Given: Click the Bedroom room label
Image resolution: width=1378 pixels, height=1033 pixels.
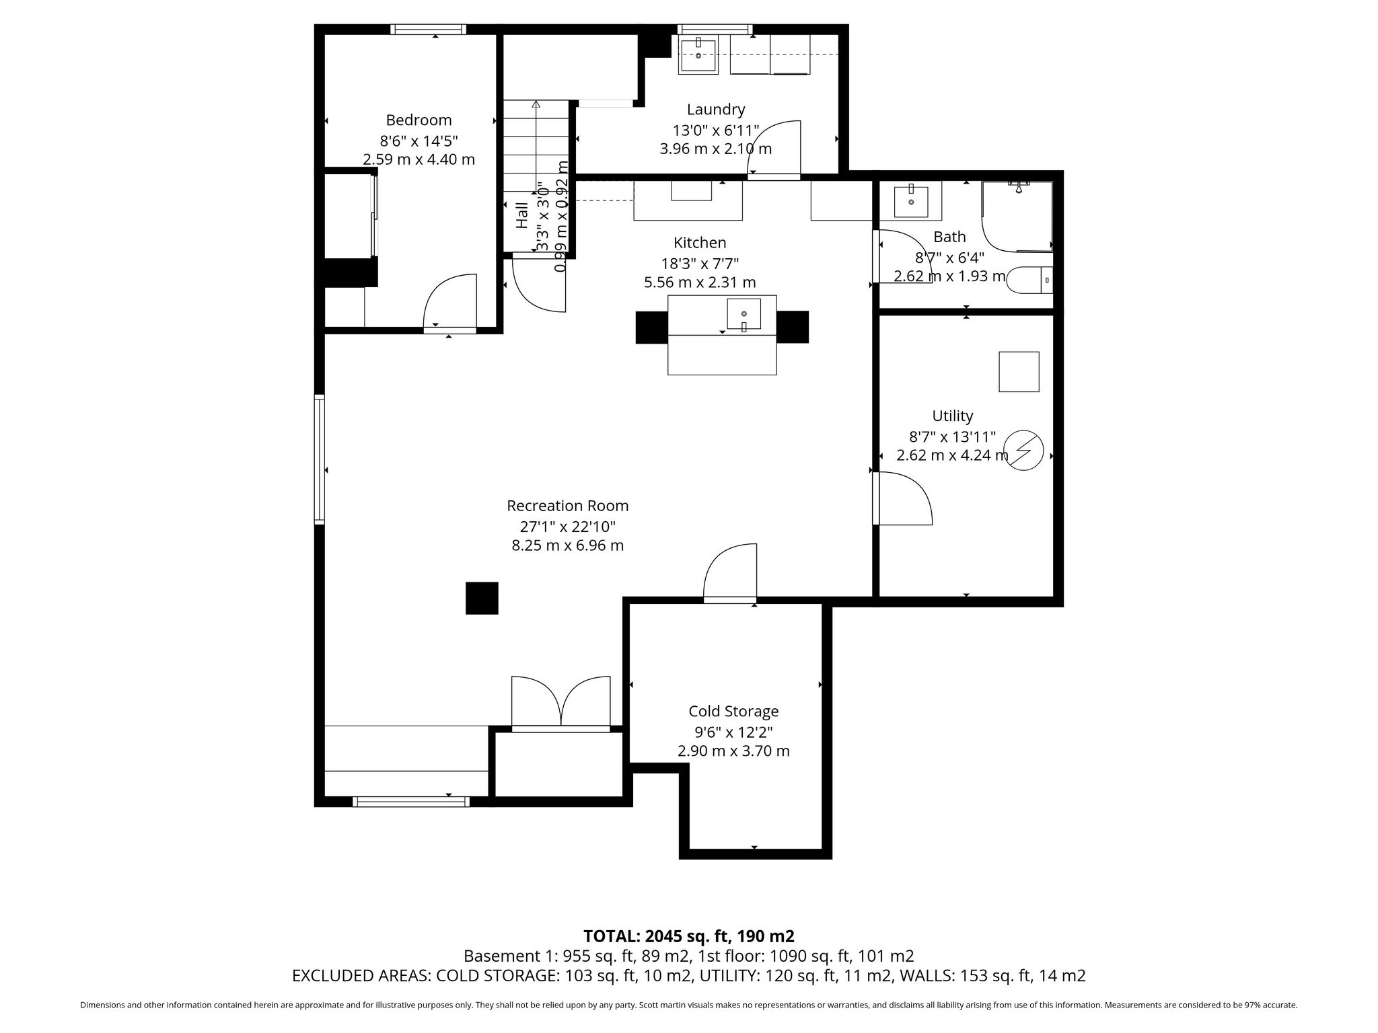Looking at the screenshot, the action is pos(419,120).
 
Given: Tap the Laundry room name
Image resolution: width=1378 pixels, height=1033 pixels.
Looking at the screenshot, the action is pos(716,110).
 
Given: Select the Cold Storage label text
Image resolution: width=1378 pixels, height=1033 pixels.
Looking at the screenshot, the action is pos(733,712).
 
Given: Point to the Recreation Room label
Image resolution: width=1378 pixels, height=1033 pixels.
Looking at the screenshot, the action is pos(568,506).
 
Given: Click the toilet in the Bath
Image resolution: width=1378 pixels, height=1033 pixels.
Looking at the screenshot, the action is pos(1029,279).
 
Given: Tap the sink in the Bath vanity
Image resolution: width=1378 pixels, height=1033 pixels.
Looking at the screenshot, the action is pos(911,200).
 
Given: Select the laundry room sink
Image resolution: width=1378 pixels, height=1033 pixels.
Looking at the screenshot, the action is pos(698,54).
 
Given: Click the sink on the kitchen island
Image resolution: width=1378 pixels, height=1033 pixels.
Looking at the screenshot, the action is pos(744,314).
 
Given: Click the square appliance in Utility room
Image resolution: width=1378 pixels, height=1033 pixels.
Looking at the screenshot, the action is pos(1019,371).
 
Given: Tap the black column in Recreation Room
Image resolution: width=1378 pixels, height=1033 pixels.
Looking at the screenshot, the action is pos(482,598).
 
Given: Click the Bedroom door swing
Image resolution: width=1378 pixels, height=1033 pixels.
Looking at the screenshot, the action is pos(450,301).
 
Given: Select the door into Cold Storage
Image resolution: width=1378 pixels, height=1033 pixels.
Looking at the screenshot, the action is pos(730,572).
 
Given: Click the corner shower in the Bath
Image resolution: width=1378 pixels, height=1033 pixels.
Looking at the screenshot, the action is pos(1017,216).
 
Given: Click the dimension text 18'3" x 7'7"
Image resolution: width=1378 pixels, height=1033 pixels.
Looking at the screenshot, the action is pos(700,263).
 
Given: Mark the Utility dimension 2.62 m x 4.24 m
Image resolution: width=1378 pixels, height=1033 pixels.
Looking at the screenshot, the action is pos(952,455).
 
